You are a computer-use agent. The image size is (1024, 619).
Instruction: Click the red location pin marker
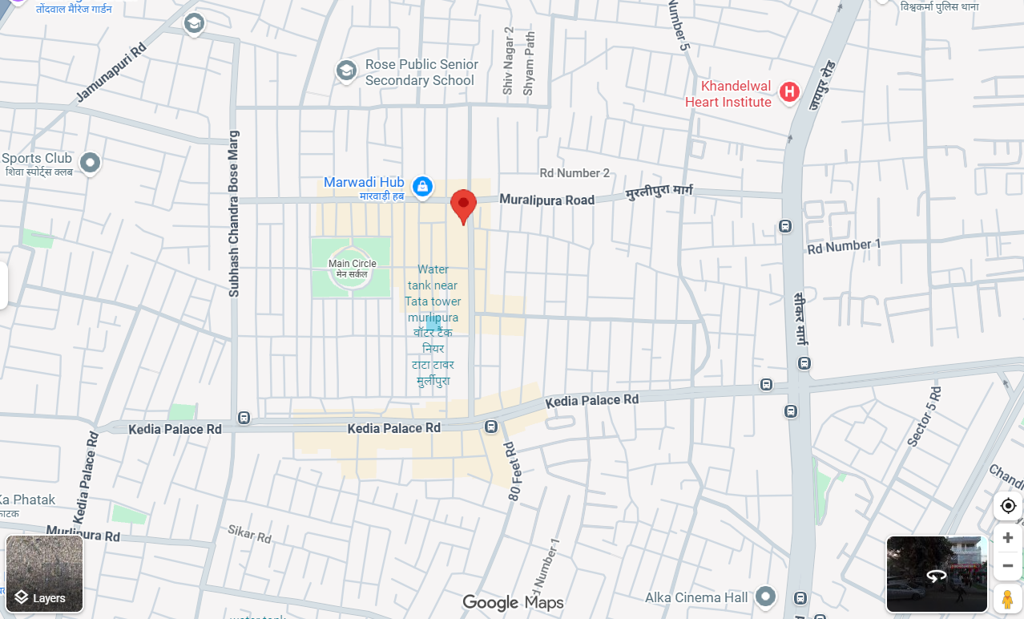[x=463, y=205]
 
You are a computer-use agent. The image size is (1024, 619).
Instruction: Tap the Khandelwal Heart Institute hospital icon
[x=789, y=92]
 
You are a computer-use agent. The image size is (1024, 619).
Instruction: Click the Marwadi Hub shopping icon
[x=422, y=188]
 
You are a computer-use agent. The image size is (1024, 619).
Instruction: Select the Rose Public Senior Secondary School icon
[x=346, y=71]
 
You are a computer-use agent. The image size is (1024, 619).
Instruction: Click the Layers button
[x=44, y=573]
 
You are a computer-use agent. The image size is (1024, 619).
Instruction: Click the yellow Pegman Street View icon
[x=1008, y=598]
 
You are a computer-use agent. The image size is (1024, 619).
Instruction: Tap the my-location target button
[x=1008, y=506]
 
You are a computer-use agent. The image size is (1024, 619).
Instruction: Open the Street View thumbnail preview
[x=936, y=574]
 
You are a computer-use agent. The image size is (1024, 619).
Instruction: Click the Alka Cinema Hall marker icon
[x=766, y=597]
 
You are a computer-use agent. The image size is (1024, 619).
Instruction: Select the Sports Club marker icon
[x=90, y=163]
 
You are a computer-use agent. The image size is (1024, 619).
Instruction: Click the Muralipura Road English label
[x=547, y=199]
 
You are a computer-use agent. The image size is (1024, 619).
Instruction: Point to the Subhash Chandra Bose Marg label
[x=234, y=213]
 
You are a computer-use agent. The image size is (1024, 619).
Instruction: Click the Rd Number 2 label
[x=574, y=172]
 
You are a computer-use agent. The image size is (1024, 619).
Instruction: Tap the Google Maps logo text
[x=513, y=603]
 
